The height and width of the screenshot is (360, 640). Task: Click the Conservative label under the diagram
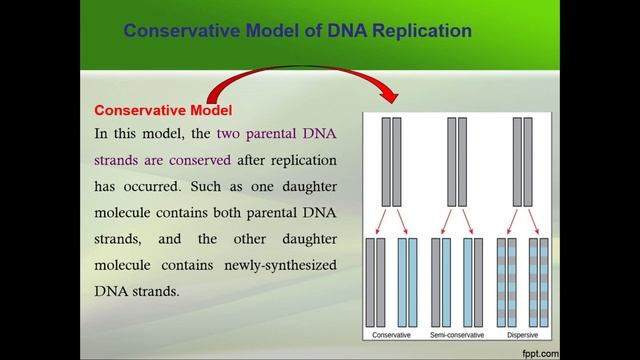(389, 334)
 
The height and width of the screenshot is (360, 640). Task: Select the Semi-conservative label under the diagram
(454, 334)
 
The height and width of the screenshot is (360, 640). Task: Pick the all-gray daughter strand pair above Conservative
(374, 281)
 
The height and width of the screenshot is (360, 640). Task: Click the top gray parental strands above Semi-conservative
(455, 159)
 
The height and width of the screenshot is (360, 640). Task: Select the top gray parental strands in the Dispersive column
(520, 159)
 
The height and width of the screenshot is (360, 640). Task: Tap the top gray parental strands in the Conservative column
(390, 159)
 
